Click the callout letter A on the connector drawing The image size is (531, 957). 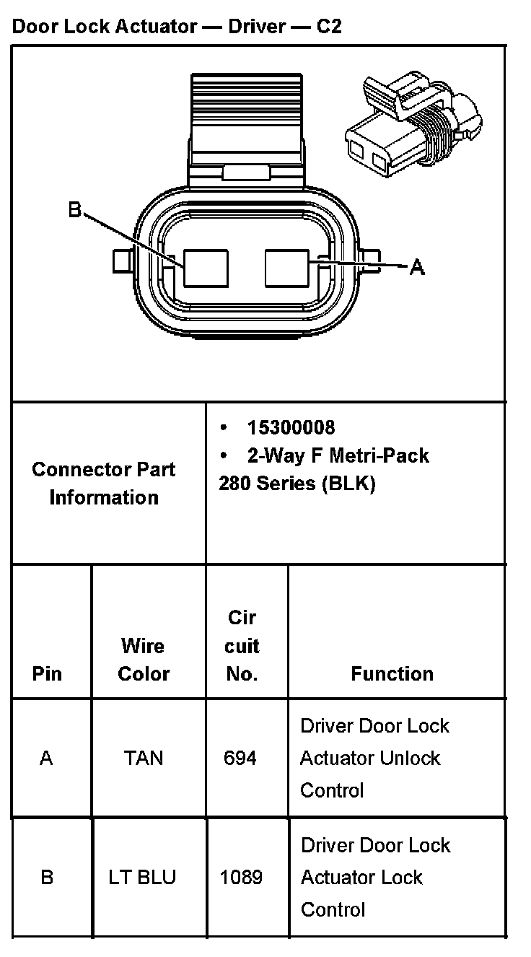coord(417,268)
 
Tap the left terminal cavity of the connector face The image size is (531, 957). coord(206,268)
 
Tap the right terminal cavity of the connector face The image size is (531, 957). coord(287,268)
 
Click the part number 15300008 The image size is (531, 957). coord(291,427)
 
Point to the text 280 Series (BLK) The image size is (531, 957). coord(297,484)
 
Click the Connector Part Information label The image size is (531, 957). coord(104,483)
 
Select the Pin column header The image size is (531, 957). coord(47,673)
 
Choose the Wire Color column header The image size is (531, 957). coord(144,660)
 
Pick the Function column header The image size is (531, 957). coord(392,673)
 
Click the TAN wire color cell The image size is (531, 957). coord(144,758)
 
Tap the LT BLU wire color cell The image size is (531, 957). coord(143,878)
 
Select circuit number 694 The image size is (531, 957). coord(240,758)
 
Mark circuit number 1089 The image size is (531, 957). coord(241,878)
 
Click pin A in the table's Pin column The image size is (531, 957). coord(46,758)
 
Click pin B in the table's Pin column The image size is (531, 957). coord(47,878)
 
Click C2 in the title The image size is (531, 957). coord(329,27)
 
